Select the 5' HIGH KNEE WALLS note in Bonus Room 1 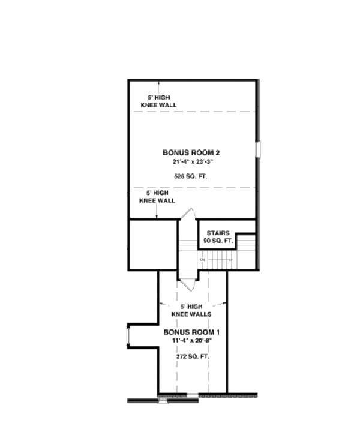tap(191, 310)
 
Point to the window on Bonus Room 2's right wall tap(258, 149)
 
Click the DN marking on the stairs tap(203, 259)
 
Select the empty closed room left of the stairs tap(153, 244)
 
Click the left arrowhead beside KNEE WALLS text tap(160, 302)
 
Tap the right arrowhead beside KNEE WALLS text tap(225, 302)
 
